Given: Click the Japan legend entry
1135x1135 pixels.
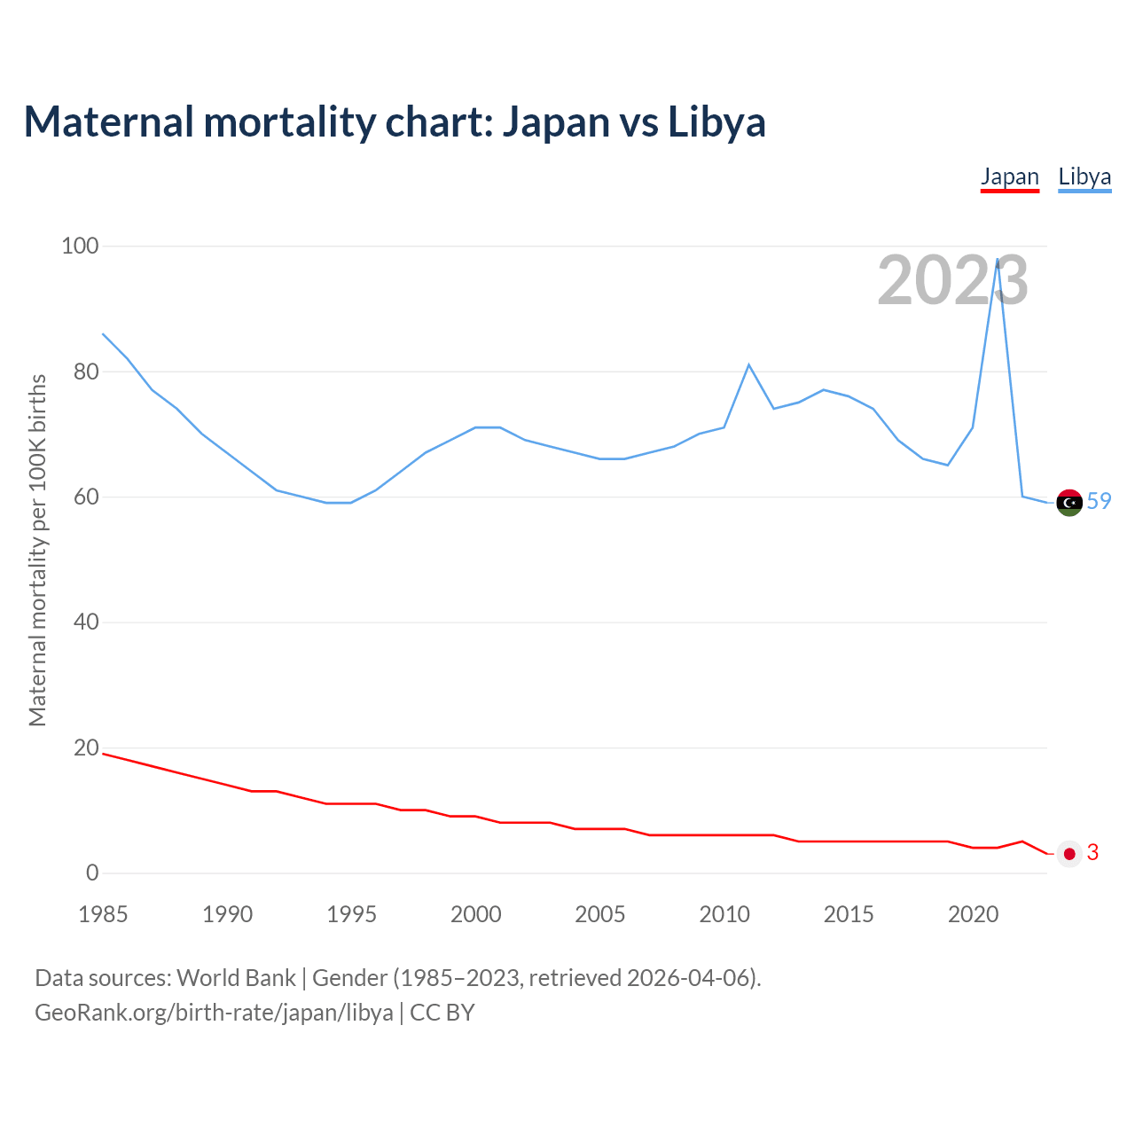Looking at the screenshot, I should pyautogui.click(x=1009, y=176).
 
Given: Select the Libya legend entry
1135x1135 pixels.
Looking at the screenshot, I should pyautogui.click(x=1084, y=176).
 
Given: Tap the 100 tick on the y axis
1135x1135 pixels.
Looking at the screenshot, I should pyautogui.click(x=80, y=246).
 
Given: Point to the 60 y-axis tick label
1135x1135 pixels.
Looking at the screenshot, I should pyautogui.click(x=86, y=497).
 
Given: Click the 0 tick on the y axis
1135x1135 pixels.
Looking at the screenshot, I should pyautogui.click(x=92, y=873).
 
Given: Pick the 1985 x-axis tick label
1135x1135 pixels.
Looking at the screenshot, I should pyautogui.click(x=103, y=914).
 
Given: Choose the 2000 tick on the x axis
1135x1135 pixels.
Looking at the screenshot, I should pyautogui.click(x=476, y=914).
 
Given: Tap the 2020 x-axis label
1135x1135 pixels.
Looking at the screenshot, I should pyautogui.click(x=973, y=914).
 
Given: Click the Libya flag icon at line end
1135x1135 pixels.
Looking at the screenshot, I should pyautogui.click(x=1069, y=502).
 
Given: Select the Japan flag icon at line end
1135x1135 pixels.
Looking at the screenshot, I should pyautogui.click(x=1069, y=853).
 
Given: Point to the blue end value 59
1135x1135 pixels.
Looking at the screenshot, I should pyautogui.click(x=1099, y=501).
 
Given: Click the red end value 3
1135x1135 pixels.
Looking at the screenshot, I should pyautogui.click(x=1092, y=852).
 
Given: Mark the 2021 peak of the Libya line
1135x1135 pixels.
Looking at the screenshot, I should pyautogui.click(x=998, y=260).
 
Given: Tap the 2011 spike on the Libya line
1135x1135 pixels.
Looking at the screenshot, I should pyautogui.click(x=748, y=364).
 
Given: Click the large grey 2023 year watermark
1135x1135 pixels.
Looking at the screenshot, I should pyautogui.click(x=952, y=280).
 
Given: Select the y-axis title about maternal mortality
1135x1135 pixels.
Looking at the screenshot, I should pyautogui.click(x=37, y=550).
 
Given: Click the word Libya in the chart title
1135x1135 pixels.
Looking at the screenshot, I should pyautogui.click(x=716, y=121).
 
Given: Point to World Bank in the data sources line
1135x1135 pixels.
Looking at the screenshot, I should pyautogui.click(x=236, y=977).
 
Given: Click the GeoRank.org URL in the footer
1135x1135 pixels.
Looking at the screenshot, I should pyautogui.click(x=214, y=1012).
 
